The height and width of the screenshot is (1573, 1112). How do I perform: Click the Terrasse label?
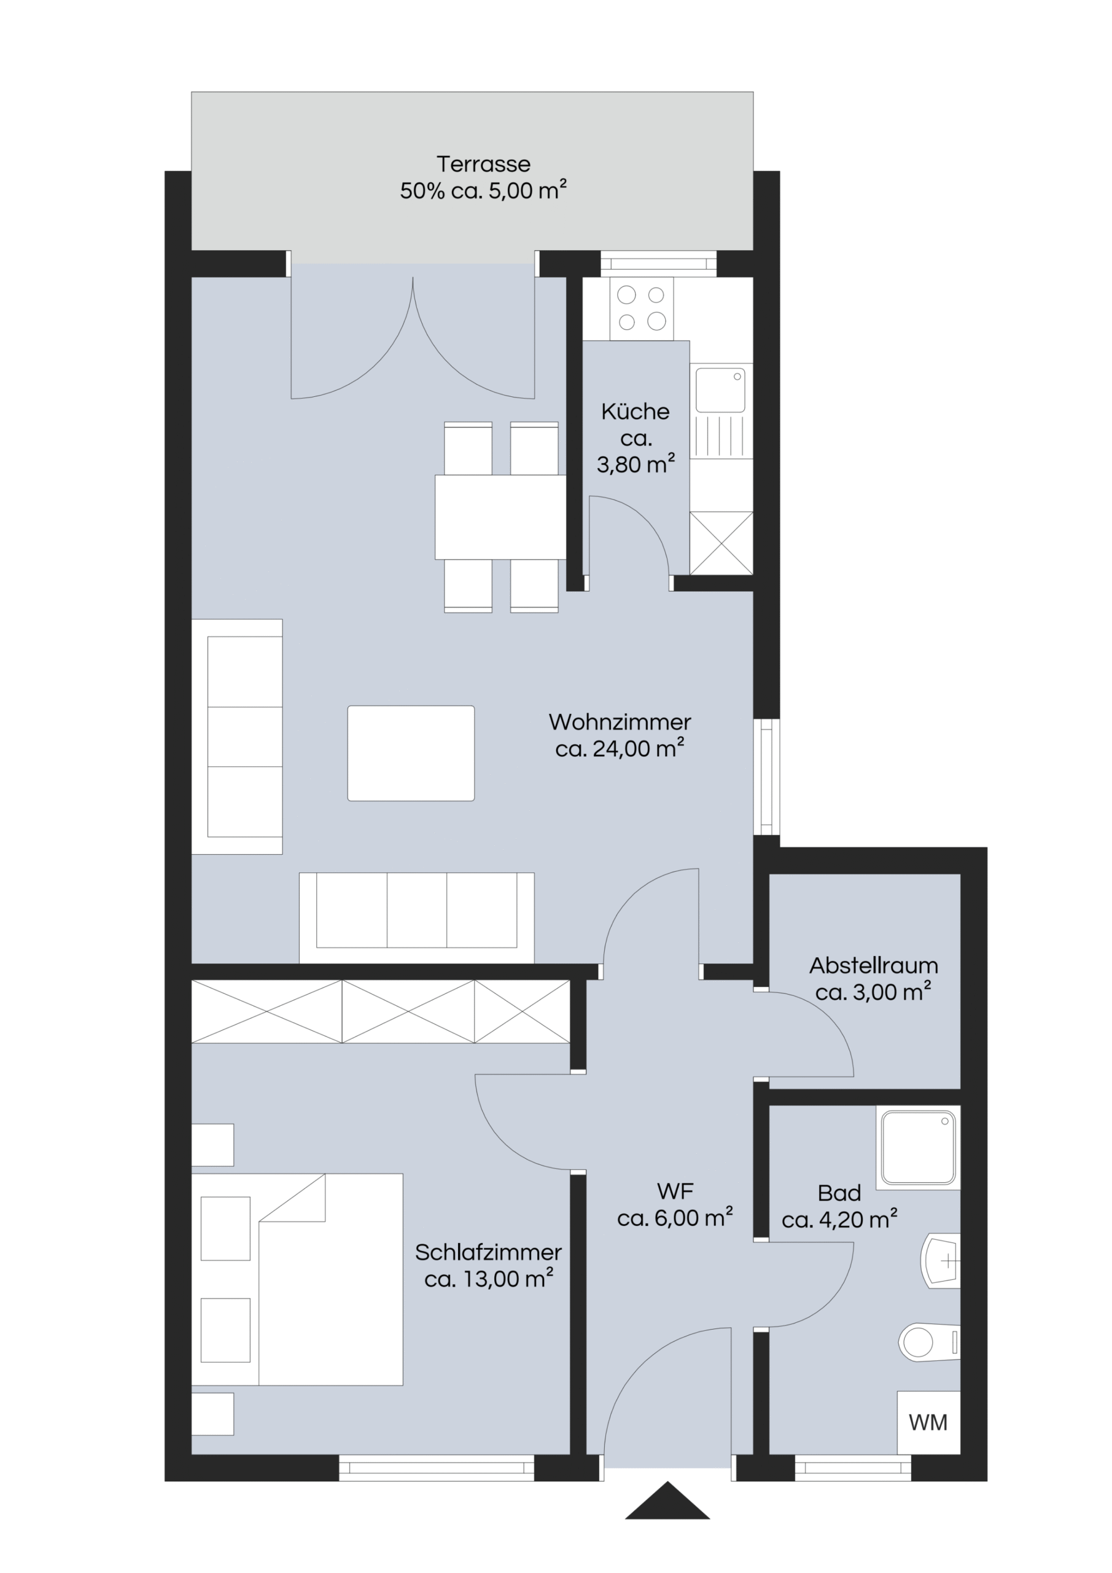pos(483,165)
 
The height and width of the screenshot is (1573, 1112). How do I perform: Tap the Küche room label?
pos(636,412)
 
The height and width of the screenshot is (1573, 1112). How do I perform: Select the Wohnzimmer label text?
pos(620,722)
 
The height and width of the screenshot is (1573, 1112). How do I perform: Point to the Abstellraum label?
pos(874,965)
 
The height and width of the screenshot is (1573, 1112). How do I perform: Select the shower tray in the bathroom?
pos(917,1148)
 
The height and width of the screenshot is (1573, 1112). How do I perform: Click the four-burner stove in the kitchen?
pos(642,308)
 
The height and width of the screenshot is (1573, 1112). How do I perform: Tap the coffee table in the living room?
pos(411,753)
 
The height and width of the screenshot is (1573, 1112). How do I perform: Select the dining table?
pos(500,517)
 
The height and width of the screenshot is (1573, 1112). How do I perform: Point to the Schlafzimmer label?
pos(488,1252)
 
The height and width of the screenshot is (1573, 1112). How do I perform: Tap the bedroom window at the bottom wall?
pos(436,1467)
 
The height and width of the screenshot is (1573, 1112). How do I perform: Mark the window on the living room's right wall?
pos(766,776)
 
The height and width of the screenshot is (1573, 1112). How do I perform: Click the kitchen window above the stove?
pos(658,264)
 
